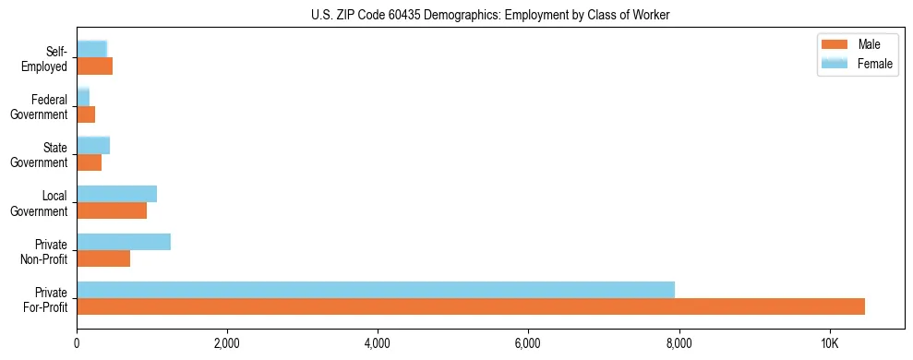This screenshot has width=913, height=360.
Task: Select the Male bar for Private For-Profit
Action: click(471, 306)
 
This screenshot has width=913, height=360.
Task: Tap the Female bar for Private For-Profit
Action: click(376, 290)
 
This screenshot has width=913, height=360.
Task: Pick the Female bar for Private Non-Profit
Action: click(124, 242)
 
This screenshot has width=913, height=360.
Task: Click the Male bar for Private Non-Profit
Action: click(103, 258)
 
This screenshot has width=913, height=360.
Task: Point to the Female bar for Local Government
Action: click(116, 194)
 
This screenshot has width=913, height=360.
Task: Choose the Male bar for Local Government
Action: click(112, 210)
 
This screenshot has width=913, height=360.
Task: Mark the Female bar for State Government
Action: click(93, 145)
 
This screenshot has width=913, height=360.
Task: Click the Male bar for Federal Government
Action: click(86, 114)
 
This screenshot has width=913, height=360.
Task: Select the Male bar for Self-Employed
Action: click(94, 66)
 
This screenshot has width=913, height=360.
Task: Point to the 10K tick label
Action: click(830, 344)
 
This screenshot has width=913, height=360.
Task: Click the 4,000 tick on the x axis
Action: click(378, 344)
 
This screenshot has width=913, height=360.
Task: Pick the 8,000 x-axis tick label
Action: click(679, 344)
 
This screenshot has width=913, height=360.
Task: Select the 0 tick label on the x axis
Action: click(77, 344)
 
